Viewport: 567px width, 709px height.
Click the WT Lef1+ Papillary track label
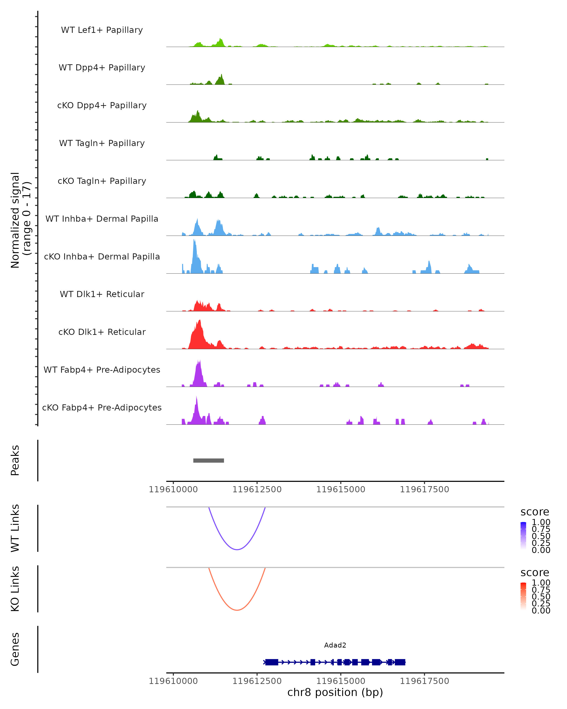point(102,30)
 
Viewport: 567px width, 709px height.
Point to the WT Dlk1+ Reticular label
point(102,294)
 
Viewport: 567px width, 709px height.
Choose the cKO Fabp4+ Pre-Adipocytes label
point(102,407)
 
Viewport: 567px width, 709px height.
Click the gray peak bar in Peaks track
point(208,460)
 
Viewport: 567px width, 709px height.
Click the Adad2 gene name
point(335,645)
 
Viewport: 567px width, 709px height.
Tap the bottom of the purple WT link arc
point(237,549)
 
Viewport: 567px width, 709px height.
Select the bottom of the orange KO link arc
point(237,610)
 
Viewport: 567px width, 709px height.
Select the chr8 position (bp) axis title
point(335,692)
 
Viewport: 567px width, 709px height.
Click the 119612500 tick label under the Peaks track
point(257,489)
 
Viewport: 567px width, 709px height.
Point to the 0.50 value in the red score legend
point(541,596)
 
